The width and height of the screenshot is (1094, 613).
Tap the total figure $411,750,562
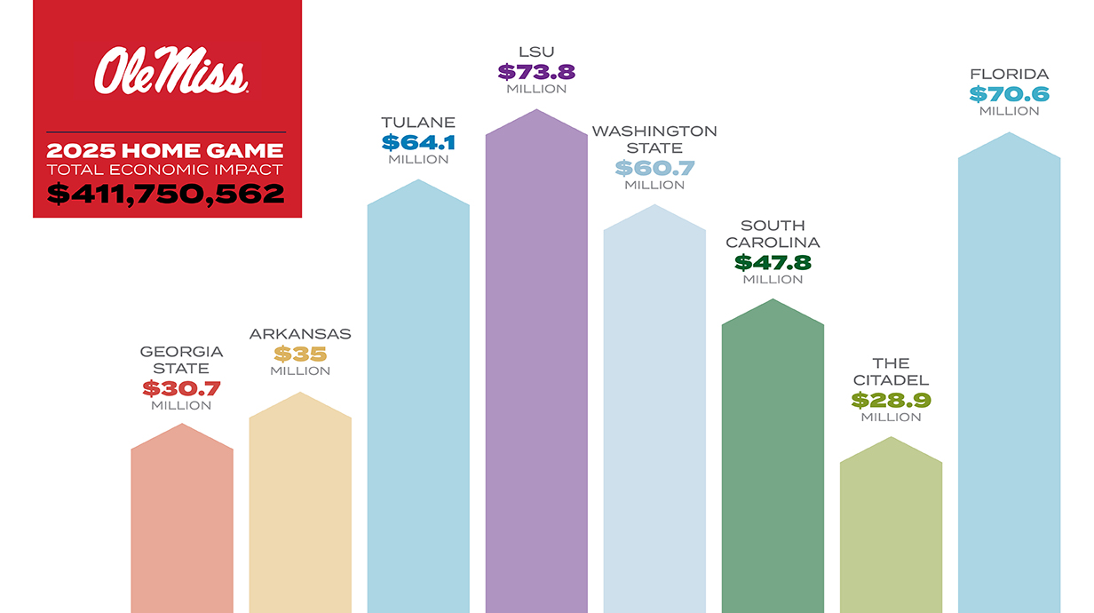tap(166, 194)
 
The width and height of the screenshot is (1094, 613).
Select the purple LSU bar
tap(536, 373)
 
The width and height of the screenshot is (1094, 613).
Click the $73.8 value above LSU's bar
tap(536, 72)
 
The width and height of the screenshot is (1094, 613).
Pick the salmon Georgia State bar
tap(182, 524)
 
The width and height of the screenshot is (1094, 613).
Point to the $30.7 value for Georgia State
tap(181, 388)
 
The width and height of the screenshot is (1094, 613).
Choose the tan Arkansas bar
tap(300, 506)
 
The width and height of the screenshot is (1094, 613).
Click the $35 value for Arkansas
tap(300, 354)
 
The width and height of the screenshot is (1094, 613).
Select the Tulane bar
tap(418, 400)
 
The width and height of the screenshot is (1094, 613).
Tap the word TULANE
tap(418, 123)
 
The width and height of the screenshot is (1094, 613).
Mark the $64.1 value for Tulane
tap(418, 142)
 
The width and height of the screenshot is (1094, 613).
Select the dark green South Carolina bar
tap(773, 462)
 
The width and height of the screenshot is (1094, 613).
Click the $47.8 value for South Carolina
tap(773, 262)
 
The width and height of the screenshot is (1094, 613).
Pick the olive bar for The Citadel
tap(891, 533)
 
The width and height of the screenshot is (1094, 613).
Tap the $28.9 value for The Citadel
tap(891, 400)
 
